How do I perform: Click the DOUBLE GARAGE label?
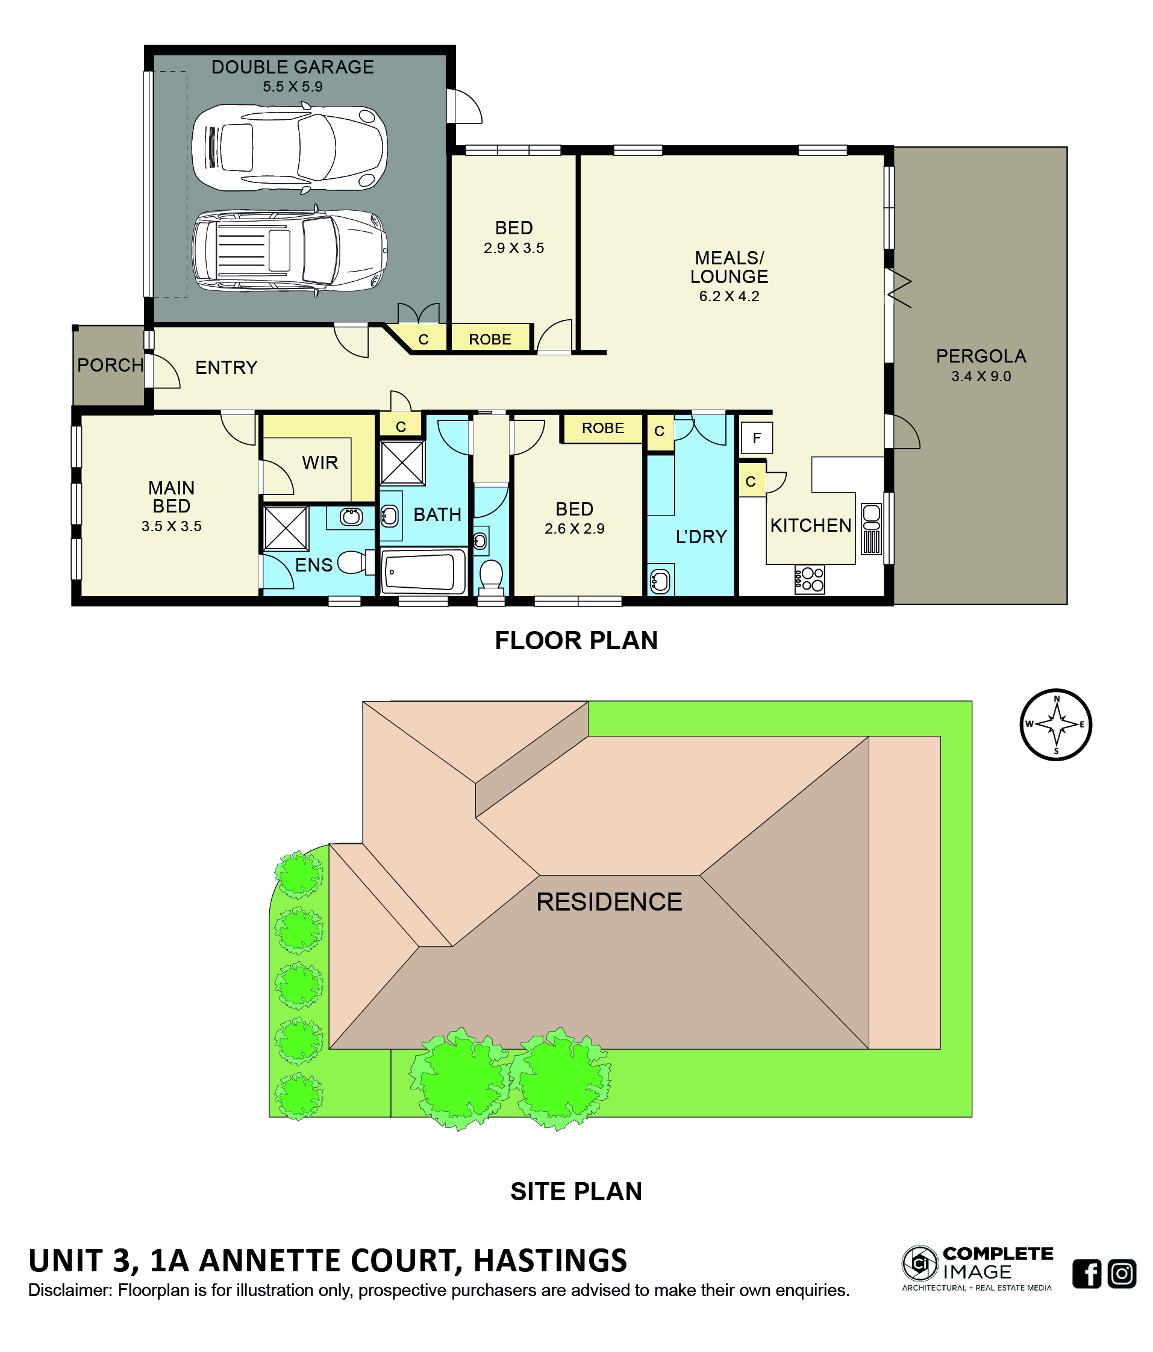click(x=292, y=67)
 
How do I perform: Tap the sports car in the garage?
click(x=290, y=148)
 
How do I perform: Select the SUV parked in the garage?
click(x=290, y=250)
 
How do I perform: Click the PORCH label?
click(x=110, y=365)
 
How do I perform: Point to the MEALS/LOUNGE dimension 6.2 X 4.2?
click(x=729, y=296)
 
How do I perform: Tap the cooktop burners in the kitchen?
click(x=809, y=579)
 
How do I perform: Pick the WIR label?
click(x=320, y=463)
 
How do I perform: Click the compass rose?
click(x=1056, y=724)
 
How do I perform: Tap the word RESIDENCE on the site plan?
click(x=609, y=902)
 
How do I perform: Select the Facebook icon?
click(x=1087, y=1273)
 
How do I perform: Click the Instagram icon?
click(x=1122, y=1273)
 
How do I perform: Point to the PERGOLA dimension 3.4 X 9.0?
click(x=981, y=376)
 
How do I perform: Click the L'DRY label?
click(x=701, y=537)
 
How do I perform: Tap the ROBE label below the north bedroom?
click(x=489, y=339)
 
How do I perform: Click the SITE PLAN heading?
click(x=576, y=1191)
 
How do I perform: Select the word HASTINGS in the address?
click(x=549, y=1260)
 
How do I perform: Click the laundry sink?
click(x=660, y=581)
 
